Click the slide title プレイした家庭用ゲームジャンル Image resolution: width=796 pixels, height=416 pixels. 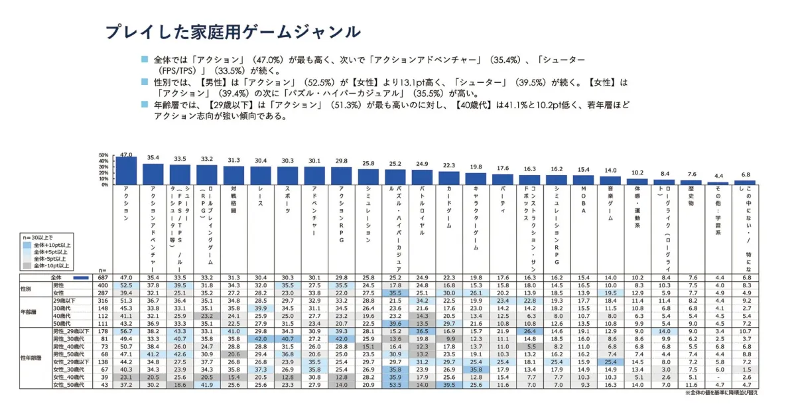click(233, 32)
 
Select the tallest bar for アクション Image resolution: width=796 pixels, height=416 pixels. click(127, 171)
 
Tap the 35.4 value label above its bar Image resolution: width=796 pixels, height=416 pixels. click(153, 158)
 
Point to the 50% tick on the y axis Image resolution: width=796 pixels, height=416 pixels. click(103, 154)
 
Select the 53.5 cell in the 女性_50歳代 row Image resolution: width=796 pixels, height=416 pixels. click(395, 384)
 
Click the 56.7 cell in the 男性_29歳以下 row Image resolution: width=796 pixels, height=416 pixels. click(127, 330)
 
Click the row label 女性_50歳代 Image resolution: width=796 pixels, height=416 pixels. click(70, 384)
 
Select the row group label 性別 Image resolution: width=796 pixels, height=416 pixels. click(26, 289)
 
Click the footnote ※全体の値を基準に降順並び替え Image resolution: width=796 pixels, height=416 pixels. click(721, 393)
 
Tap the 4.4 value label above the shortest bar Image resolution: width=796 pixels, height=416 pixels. click(718, 176)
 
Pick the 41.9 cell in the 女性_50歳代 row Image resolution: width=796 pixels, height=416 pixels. click(207, 384)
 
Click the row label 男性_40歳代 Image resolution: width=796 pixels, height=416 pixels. click(70, 346)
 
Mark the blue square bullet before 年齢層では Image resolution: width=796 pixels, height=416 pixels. click(145, 105)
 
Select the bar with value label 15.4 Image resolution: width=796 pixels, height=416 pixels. click(583, 180)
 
